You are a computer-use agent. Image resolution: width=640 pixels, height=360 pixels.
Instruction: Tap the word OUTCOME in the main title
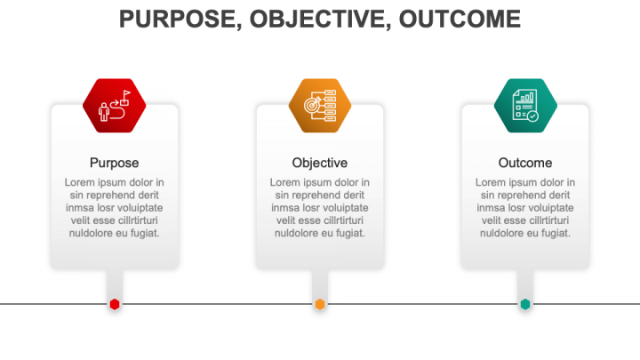pyautogui.click(x=460, y=19)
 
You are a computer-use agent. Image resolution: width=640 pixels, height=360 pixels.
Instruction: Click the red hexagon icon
pyautogui.click(x=115, y=105)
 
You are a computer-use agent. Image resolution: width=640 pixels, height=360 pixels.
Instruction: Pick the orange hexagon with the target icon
pyautogui.click(x=320, y=105)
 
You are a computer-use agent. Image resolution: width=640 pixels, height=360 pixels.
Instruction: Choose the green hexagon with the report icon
pyautogui.click(x=525, y=105)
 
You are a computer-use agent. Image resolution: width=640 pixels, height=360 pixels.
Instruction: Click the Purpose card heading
pyautogui.click(x=115, y=163)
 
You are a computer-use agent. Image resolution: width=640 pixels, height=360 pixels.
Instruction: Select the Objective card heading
pyautogui.click(x=320, y=163)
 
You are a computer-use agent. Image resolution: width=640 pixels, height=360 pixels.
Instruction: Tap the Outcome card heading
pyautogui.click(x=525, y=163)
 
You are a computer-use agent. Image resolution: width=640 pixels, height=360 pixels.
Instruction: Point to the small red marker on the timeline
pyautogui.click(x=115, y=304)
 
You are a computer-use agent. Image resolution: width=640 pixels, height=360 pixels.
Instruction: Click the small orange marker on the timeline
pyautogui.click(x=320, y=304)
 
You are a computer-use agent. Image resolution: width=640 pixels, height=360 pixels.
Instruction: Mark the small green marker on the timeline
pyautogui.click(x=525, y=304)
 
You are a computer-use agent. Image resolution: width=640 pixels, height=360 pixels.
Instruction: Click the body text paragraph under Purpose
pyautogui.click(x=115, y=208)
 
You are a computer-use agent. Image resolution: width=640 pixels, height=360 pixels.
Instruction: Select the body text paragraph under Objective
pyautogui.click(x=320, y=208)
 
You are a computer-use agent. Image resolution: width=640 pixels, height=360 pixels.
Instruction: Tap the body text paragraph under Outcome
pyautogui.click(x=525, y=208)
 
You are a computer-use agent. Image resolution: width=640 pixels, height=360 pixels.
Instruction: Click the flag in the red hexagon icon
pyautogui.click(x=126, y=94)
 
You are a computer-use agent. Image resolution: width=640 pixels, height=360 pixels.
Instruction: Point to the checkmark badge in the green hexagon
pyautogui.click(x=532, y=116)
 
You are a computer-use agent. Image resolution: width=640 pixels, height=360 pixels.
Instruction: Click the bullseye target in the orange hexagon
pyautogui.click(x=312, y=105)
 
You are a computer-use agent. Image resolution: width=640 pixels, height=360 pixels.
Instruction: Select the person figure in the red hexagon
pyautogui.click(x=104, y=111)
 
